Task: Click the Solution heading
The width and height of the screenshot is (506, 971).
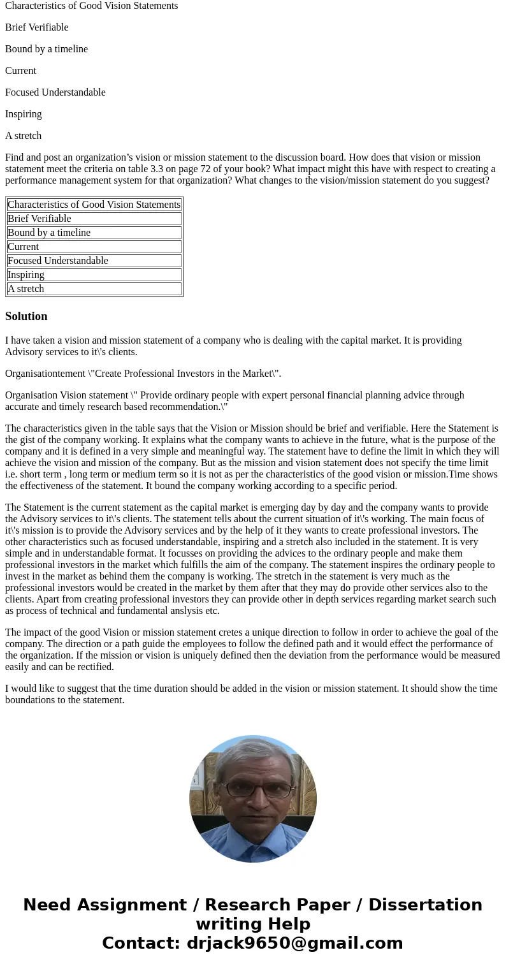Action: pyautogui.click(x=26, y=316)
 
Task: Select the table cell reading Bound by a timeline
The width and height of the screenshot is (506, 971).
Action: pyautogui.click(x=49, y=233)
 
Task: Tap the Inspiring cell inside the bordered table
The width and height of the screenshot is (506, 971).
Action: pyautogui.click(x=26, y=275)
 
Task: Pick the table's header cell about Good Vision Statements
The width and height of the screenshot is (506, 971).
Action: pyautogui.click(x=94, y=205)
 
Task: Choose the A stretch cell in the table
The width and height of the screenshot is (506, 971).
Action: pyautogui.click(x=26, y=289)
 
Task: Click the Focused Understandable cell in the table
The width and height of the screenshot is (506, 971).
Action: pyautogui.click(x=58, y=261)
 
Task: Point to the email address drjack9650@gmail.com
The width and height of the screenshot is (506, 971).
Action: pyautogui.click(x=294, y=943)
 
